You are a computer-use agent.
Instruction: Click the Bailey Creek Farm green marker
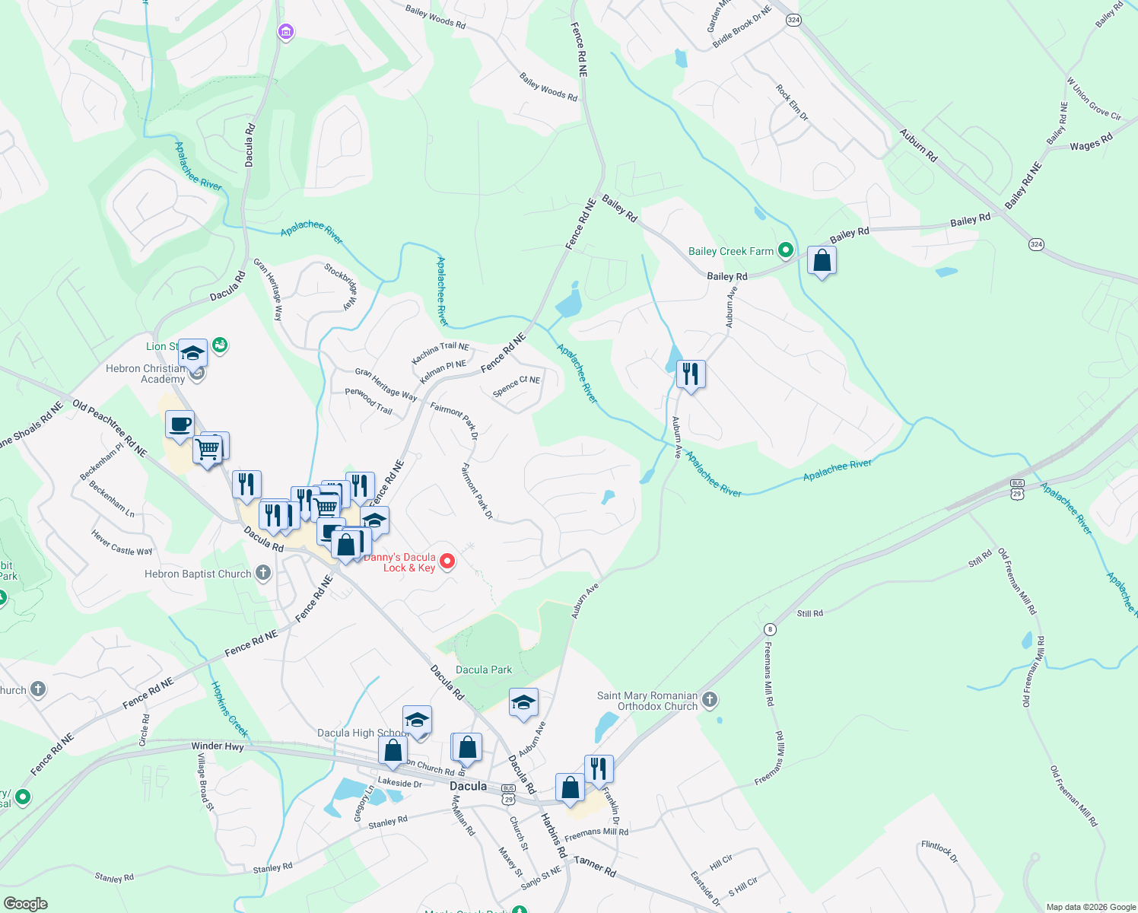[x=786, y=250]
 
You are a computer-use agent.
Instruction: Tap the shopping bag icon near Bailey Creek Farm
[x=822, y=261]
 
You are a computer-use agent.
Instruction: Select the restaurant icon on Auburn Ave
[x=691, y=374]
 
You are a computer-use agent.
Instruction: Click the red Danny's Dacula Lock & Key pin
[x=448, y=561]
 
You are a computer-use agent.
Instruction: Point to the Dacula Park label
[x=484, y=670]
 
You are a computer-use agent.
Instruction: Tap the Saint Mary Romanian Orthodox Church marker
[x=710, y=699]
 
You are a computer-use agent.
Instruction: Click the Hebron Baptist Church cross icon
[x=263, y=573]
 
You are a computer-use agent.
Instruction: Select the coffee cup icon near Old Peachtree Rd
[x=180, y=425]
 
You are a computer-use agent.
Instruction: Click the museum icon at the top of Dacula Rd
[x=285, y=32]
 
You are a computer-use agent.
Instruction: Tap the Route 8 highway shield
[x=771, y=629]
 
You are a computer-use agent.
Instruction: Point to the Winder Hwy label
[x=218, y=746]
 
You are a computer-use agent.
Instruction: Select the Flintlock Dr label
[x=939, y=851]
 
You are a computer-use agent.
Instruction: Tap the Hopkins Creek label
[x=229, y=709]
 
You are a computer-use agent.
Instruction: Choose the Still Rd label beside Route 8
[x=809, y=613]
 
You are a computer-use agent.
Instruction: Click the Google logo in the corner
[x=25, y=904]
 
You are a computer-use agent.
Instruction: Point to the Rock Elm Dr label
[x=792, y=103]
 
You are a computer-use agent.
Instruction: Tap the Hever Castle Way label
[x=122, y=543]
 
